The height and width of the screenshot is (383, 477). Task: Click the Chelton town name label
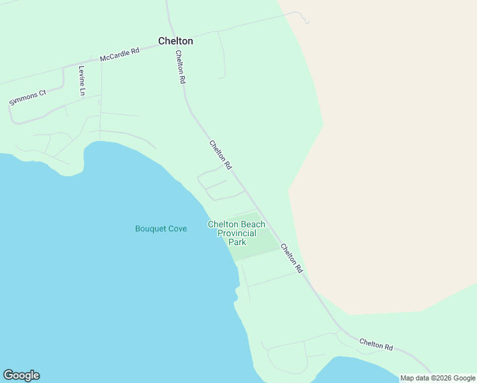click(175, 41)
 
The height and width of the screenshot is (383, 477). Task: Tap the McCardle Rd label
click(119, 55)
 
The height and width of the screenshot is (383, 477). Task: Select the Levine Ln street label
click(82, 80)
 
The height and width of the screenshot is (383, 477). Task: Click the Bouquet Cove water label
click(161, 229)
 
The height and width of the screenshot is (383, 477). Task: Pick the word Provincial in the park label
click(237, 233)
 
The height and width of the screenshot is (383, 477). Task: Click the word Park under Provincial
click(237, 242)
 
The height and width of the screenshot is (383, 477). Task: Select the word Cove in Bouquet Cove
click(177, 229)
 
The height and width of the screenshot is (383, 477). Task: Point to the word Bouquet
click(150, 229)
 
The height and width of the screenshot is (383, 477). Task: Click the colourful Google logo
click(21, 375)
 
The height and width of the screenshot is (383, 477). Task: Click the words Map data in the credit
click(415, 378)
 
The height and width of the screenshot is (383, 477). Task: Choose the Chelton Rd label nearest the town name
click(180, 68)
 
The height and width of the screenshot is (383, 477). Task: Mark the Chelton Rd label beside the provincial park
click(291, 258)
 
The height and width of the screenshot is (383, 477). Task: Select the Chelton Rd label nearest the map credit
click(376, 344)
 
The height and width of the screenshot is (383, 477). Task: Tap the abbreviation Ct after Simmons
click(42, 93)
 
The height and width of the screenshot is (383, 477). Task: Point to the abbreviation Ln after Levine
click(82, 91)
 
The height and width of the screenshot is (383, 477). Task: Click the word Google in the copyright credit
click(464, 378)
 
